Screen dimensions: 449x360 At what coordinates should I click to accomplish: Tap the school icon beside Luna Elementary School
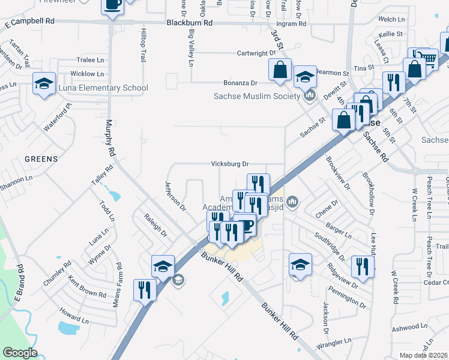tap(44, 83)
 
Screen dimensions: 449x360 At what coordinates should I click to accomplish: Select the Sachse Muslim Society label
tap(257, 96)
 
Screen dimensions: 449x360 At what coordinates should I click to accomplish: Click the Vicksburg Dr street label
tap(229, 164)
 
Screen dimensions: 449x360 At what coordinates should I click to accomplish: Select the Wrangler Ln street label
tap(336, 343)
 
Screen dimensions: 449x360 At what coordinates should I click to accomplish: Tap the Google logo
tap(20, 353)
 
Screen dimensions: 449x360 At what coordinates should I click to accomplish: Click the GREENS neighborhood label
tap(41, 159)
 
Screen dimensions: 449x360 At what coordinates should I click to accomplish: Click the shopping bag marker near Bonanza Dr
tap(280, 70)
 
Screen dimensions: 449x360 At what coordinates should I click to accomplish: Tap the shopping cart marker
tap(427, 58)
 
